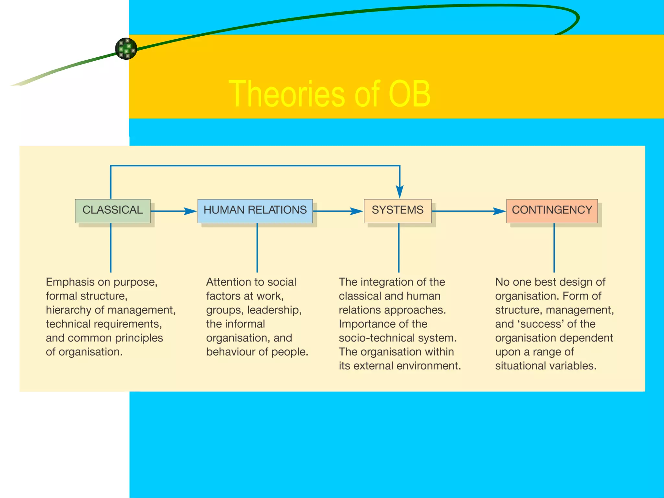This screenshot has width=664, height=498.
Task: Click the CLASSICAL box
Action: [113, 211]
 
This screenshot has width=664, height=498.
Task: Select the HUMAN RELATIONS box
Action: [255, 211]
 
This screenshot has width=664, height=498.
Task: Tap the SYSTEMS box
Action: [397, 211]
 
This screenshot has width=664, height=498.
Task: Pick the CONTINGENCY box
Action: [552, 211]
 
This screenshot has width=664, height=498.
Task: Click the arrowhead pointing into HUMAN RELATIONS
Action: [191, 211]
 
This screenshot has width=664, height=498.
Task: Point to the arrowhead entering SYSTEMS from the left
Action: [357, 211]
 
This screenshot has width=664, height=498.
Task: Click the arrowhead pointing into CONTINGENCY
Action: [500, 211]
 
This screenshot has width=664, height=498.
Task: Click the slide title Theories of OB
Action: [329, 94]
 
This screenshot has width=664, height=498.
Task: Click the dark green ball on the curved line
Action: [126, 49]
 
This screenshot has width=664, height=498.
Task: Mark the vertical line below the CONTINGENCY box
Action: [554, 248]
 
